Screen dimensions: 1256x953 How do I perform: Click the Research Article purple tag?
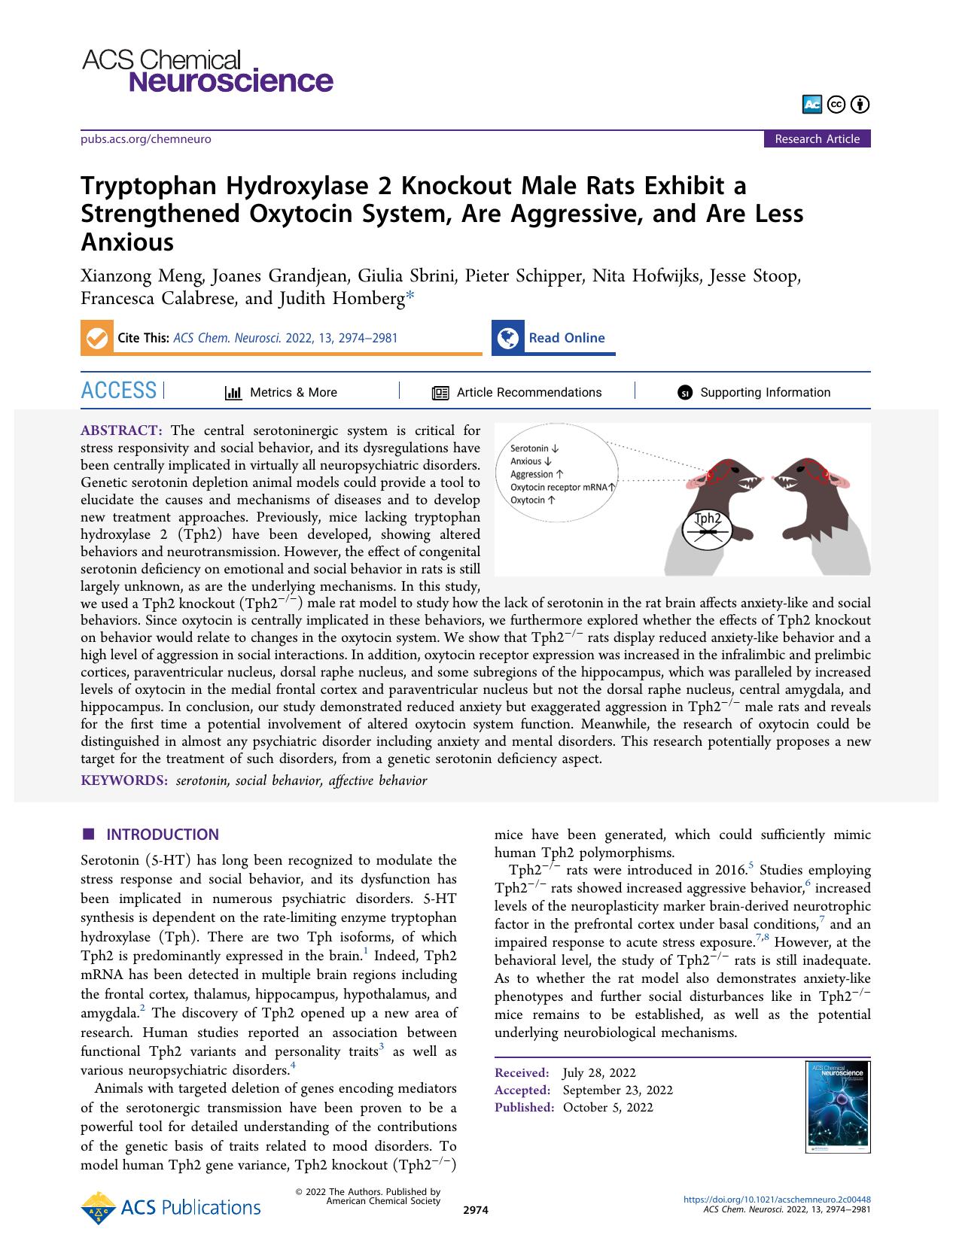tap(817, 138)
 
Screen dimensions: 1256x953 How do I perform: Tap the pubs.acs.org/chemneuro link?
tap(145, 139)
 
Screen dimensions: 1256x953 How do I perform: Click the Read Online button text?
tap(566, 338)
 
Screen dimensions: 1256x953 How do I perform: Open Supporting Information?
tap(765, 392)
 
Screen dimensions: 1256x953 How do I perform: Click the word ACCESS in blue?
tap(119, 391)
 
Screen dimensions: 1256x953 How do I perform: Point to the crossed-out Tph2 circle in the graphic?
tap(707, 529)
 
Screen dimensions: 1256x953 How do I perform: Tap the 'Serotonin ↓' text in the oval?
tap(534, 449)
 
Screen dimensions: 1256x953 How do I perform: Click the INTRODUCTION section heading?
tap(162, 834)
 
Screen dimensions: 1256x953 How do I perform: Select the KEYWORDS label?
tap(124, 780)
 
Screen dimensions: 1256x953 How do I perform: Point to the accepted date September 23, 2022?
tap(617, 1090)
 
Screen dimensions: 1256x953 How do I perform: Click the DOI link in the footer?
tap(776, 1200)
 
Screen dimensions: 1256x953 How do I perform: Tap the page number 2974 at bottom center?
tap(476, 1210)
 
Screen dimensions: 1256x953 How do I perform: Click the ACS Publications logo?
tap(171, 1208)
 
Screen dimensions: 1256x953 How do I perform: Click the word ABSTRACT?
tap(120, 430)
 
